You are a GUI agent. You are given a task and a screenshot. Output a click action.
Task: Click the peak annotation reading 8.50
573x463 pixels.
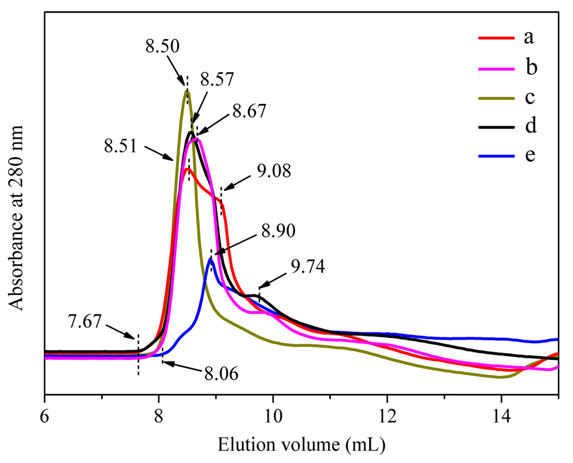click(x=162, y=46)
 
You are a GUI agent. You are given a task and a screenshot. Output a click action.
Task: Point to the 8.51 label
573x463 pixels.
click(x=121, y=146)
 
